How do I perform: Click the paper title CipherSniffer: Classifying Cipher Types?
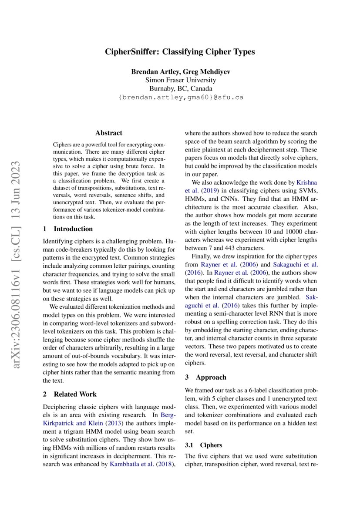180,52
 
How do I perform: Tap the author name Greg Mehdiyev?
207,71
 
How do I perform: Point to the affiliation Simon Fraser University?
180,80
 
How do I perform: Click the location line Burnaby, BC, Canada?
180,88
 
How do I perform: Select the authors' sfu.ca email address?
180,98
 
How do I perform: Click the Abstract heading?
109,133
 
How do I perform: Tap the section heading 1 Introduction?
68,229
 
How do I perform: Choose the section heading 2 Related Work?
70,394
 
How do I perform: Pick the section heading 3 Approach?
205,378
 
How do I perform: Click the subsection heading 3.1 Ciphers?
203,445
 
